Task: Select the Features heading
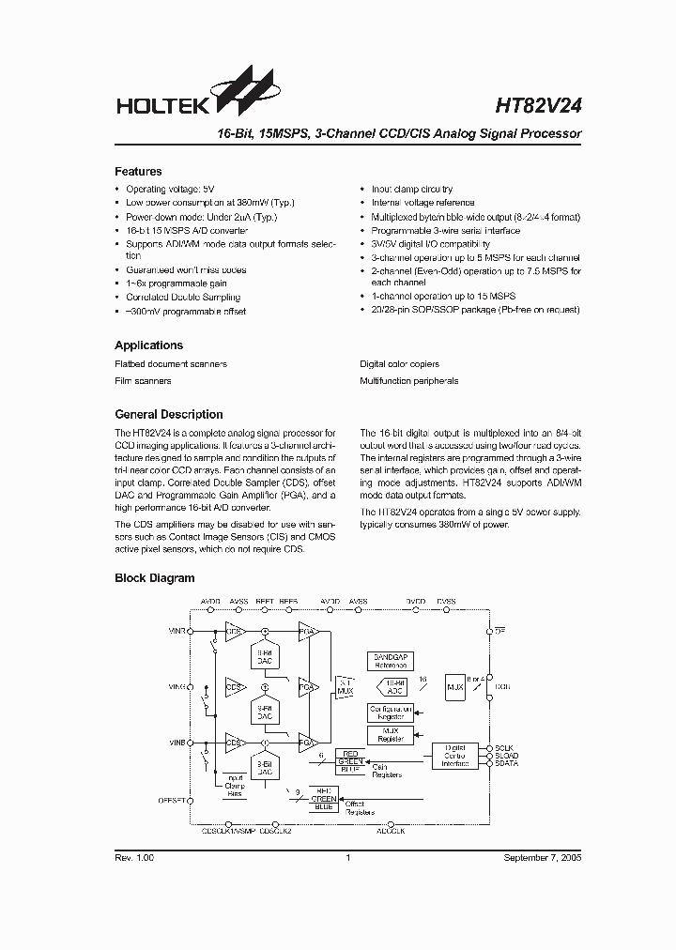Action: pos(138,172)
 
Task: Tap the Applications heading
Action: pos(148,345)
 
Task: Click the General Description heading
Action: pos(169,414)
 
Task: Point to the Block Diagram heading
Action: pos(155,578)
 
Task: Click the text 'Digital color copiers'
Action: pos(399,364)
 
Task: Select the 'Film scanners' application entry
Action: pos(143,381)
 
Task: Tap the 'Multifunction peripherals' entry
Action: pos(408,381)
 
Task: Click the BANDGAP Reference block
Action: pos(391,661)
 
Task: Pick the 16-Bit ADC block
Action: pos(395,687)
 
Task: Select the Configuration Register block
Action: pos(391,712)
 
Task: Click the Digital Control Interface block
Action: pos(455,756)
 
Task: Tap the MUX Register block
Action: pos(391,735)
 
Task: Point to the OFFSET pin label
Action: pos(173,801)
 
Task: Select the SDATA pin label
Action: pos(507,764)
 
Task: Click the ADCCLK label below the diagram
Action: pos(391,831)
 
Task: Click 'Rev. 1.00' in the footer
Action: pos(134,858)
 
